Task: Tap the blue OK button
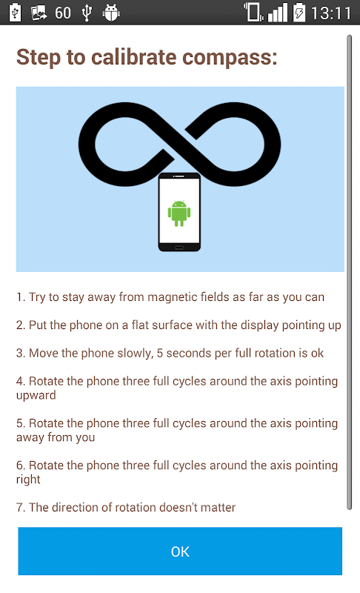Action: (180, 551)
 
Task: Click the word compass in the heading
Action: (230, 58)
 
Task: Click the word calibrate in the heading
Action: (134, 57)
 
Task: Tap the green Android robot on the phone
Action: (179, 213)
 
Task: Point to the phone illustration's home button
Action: (179, 248)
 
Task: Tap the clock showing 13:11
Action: (331, 13)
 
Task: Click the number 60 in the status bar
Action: (63, 13)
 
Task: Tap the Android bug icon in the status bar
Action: (111, 13)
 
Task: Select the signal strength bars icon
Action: (278, 13)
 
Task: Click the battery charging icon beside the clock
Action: (299, 13)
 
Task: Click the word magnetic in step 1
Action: (173, 297)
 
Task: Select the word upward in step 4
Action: (36, 396)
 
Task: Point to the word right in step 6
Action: (28, 480)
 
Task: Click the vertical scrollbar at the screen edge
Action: (350, 272)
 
